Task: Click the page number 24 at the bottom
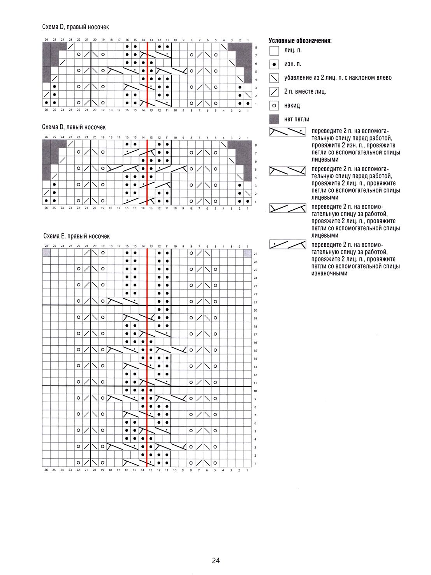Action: (x=216, y=561)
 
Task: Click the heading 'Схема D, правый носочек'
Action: (x=76, y=27)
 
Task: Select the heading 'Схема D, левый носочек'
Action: (x=74, y=127)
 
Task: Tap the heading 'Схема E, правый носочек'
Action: (x=77, y=236)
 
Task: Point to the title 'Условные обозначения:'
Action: (x=300, y=40)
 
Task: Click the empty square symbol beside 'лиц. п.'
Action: (x=274, y=51)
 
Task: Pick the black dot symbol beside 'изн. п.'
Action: (x=274, y=64)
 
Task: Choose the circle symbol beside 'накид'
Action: (x=274, y=105)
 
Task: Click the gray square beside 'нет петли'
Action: (x=274, y=119)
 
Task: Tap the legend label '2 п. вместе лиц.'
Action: (x=305, y=91)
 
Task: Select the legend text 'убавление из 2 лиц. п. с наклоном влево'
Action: (x=338, y=78)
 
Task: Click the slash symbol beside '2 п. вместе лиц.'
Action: (x=274, y=92)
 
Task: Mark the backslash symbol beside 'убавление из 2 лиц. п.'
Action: (x=274, y=78)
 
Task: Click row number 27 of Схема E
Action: (x=255, y=254)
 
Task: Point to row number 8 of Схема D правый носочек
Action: (x=256, y=47)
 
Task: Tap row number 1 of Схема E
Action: (x=255, y=464)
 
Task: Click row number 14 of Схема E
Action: (x=255, y=359)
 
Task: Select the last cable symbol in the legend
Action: (x=288, y=245)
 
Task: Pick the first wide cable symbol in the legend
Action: (x=288, y=131)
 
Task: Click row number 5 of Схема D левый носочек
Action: (x=256, y=170)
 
